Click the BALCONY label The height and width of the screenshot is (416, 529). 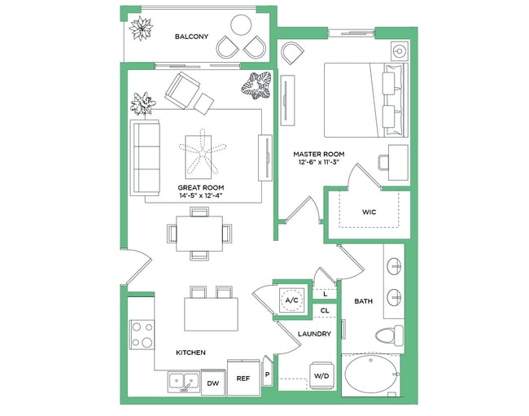click(x=192, y=37)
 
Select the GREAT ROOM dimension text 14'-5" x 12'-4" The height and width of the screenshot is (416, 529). click(x=201, y=196)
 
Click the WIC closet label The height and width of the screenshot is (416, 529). click(x=369, y=212)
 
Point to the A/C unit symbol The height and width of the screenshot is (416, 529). click(x=291, y=300)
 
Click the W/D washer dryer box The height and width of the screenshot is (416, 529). click(x=321, y=375)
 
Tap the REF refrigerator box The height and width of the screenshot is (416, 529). click(x=243, y=379)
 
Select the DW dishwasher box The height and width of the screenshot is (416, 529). click(x=212, y=382)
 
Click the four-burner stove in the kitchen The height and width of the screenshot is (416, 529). click(x=142, y=334)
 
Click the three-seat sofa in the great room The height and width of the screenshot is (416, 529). click(x=146, y=157)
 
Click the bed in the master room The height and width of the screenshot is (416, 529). click(x=363, y=99)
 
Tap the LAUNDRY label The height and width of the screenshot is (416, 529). click(x=314, y=334)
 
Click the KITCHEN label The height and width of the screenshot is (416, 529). click(x=190, y=353)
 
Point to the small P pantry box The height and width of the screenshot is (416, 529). click(x=267, y=376)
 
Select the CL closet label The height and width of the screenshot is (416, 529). click(x=324, y=310)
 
